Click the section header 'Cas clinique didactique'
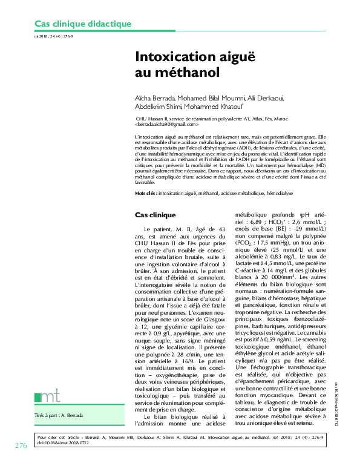click(82, 24)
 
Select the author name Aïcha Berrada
click(154, 98)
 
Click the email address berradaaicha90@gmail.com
click(167, 125)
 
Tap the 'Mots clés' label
click(145, 193)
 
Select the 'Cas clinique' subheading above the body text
click(155, 215)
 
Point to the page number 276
click(21, 446)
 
